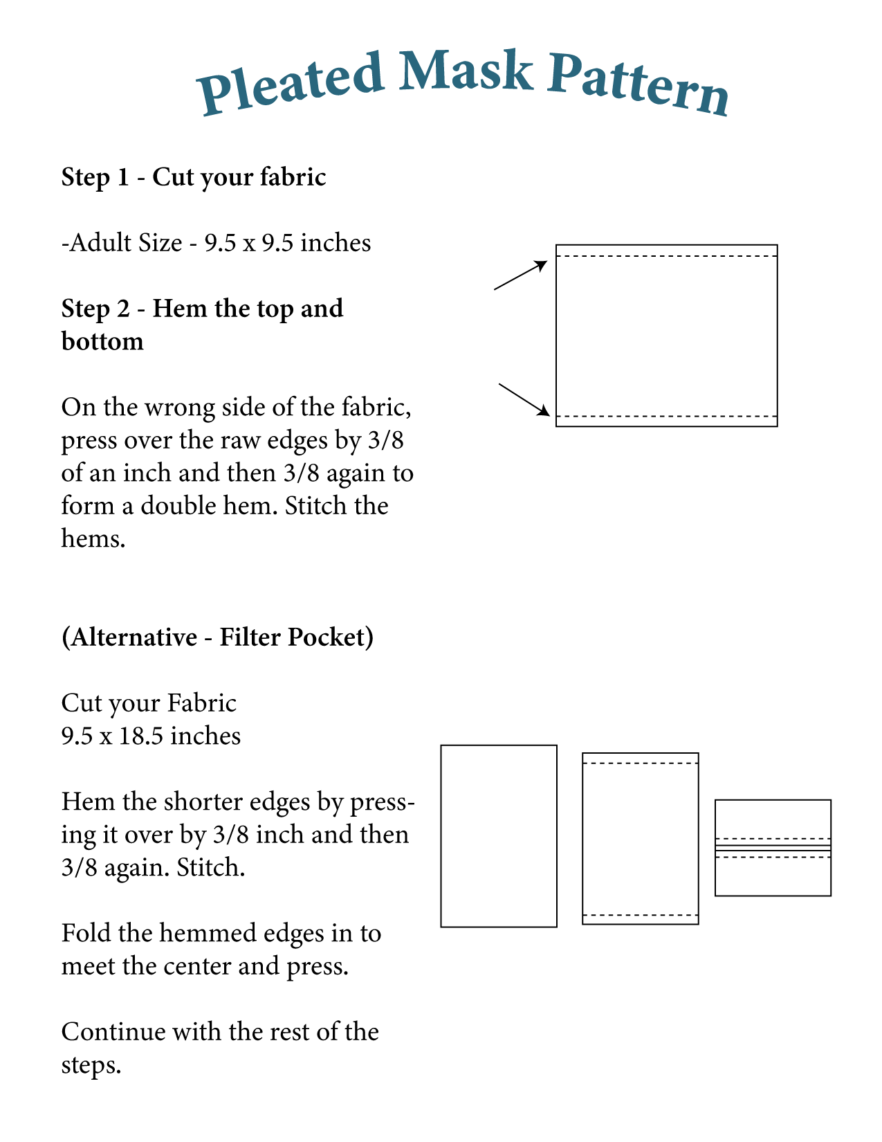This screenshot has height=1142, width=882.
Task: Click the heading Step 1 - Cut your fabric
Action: click(194, 177)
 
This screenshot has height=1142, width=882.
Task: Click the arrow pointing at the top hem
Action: click(521, 275)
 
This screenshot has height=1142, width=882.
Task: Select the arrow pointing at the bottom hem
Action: click(524, 400)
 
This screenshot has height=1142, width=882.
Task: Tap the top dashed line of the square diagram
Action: click(666, 256)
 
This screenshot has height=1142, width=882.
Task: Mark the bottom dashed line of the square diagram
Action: click(666, 416)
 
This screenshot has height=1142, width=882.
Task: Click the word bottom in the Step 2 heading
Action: click(102, 341)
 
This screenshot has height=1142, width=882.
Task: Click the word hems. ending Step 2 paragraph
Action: click(93, 538)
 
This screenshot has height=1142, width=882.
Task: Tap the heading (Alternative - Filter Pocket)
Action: click(217, 637)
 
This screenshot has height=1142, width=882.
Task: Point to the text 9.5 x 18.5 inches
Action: click(151, 736)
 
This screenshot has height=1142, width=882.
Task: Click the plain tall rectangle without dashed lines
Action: click(499, 835)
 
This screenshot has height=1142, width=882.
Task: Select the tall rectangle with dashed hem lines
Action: click(641, 838)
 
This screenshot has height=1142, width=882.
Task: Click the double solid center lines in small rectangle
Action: click(773, 848)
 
